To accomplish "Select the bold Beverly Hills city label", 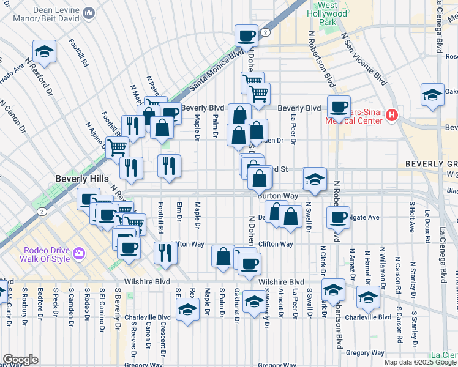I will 81,179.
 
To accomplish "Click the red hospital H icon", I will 392,114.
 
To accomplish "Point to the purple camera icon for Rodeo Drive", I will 78,253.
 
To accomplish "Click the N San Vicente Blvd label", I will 365,59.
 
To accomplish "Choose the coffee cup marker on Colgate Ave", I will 338,218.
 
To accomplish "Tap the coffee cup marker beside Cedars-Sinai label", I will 338,106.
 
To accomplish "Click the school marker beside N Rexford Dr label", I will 44,51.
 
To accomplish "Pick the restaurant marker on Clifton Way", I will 165,252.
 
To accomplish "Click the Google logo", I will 20,360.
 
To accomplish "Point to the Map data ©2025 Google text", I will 419,362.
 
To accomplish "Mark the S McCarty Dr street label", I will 10,304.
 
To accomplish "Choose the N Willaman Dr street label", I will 382,263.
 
